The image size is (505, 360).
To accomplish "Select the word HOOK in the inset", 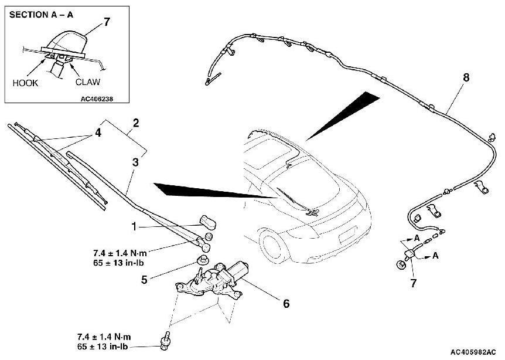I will pos(25,83).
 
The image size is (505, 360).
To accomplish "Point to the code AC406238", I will pos(97,99).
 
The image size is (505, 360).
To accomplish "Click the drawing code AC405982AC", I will pos(477,352).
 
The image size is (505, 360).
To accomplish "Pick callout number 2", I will pos(135,123).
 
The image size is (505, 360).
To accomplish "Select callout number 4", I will pos(98,133).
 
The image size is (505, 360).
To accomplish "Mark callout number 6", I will pos(286,304).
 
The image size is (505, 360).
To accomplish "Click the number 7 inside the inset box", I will pos(107,23).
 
